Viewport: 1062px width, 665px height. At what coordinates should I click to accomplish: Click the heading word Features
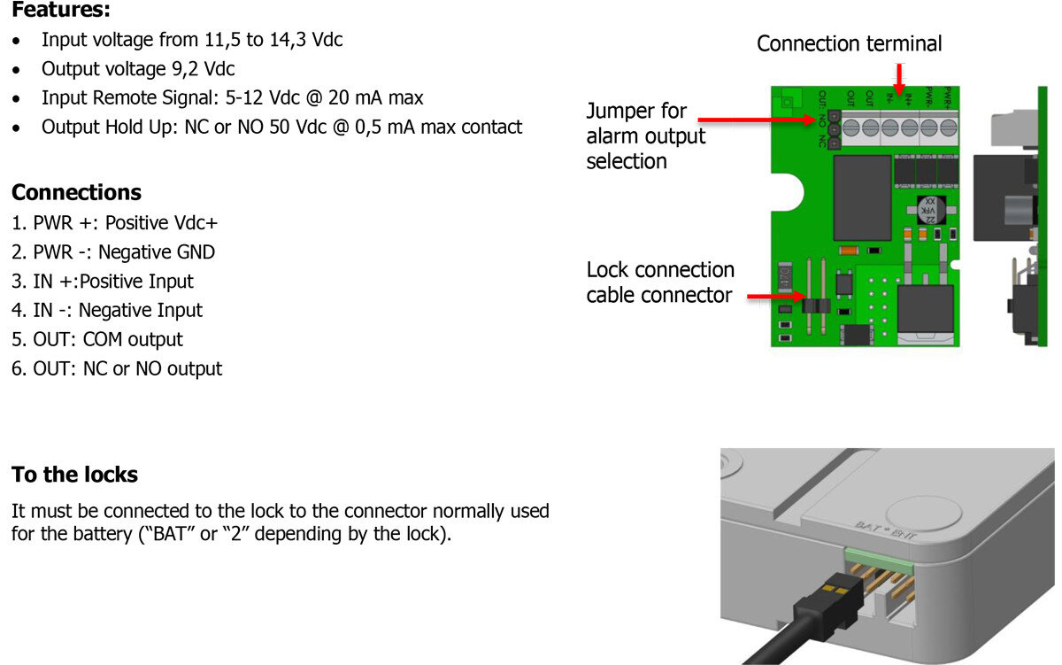[x=60, y=11]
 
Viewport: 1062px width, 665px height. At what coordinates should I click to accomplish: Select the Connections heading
[x=76, y=192]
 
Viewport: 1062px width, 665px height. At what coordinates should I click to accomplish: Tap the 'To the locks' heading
[x=74, y=475]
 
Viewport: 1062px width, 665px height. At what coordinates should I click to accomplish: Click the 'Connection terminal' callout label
[x=849, y=43]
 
